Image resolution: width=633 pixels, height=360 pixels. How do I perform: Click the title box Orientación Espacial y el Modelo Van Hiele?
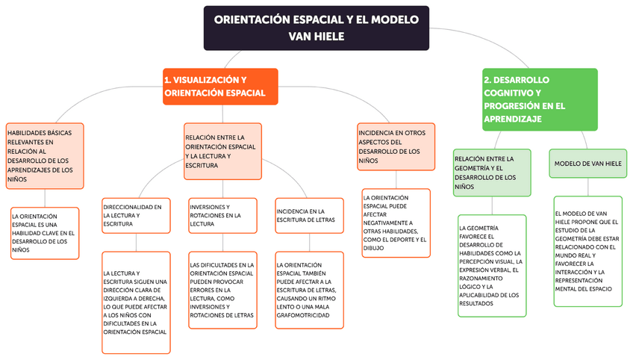point(316,28)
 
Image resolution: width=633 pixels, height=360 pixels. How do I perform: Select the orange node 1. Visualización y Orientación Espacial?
point(220,87)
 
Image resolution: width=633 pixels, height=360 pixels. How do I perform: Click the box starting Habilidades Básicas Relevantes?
point(44,155)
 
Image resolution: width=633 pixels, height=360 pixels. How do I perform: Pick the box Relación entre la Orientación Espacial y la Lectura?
point(223,152)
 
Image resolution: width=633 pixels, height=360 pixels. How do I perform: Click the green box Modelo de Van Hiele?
point(588,163)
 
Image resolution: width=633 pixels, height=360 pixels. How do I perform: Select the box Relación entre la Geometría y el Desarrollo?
point(492,173)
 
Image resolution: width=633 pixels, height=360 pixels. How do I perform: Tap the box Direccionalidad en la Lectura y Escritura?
point(136,215)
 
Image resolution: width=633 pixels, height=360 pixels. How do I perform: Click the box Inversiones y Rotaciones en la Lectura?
point(222,215)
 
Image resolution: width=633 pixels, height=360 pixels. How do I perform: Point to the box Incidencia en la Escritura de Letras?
point(309,216)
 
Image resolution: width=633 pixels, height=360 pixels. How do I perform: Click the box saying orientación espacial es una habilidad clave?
point(44,232)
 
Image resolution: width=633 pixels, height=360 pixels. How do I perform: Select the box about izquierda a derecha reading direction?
point(136,302)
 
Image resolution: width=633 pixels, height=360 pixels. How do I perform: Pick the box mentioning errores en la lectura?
point(222,290)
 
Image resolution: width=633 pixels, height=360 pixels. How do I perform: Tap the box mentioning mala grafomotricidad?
point(309,290)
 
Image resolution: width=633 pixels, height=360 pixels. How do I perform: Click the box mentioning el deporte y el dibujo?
point(396,223)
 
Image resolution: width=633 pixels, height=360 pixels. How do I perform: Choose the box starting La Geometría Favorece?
point(492,265)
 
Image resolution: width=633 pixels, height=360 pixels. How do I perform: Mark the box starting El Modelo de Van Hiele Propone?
point(588,251)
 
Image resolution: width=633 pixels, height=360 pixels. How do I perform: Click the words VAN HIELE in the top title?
point(316,36)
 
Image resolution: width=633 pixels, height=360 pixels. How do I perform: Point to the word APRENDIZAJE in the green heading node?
point(511,119)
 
